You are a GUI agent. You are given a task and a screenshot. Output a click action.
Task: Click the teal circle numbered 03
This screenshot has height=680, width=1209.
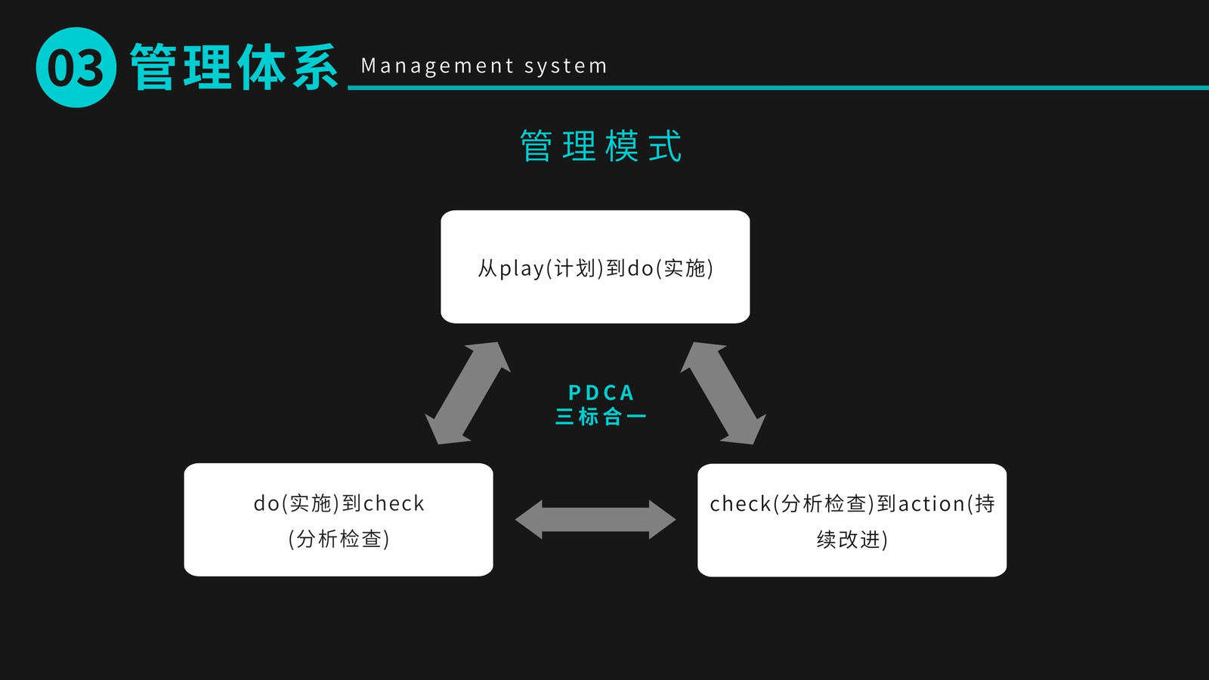(76, 67)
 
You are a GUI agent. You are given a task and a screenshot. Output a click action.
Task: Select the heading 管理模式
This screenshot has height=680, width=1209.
(601, 146)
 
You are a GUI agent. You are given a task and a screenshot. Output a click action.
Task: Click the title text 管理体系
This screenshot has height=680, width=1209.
(234, 67)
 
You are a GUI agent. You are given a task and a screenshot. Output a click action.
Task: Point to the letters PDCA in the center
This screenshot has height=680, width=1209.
(601, 392)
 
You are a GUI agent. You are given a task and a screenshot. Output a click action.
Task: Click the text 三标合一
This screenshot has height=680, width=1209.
(601, 416)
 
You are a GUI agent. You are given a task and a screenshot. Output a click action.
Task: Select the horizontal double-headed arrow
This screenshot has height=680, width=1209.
(595, 520)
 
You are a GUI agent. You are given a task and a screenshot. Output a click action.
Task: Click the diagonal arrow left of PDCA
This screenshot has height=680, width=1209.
(468, 393)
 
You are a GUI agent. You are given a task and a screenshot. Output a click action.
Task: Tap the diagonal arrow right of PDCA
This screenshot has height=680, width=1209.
(723, 393)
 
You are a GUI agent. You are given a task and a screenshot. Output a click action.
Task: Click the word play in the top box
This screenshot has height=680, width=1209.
(522, 269)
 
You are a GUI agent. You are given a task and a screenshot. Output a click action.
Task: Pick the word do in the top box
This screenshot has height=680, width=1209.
(641, 267)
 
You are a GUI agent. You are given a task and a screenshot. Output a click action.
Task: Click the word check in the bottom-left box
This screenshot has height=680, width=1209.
(394, 503)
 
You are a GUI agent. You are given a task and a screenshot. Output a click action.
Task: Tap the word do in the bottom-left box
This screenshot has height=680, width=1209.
(267, 503)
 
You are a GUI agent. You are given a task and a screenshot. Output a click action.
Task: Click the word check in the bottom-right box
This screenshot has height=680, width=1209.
(740, 503)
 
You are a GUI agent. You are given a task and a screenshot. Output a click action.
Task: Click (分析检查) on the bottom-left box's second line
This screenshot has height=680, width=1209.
(339, 539)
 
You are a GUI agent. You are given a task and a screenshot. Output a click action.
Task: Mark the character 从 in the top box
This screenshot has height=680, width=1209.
(488, 268)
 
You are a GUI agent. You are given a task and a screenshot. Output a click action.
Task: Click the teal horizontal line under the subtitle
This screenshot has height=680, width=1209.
(778, 88)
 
